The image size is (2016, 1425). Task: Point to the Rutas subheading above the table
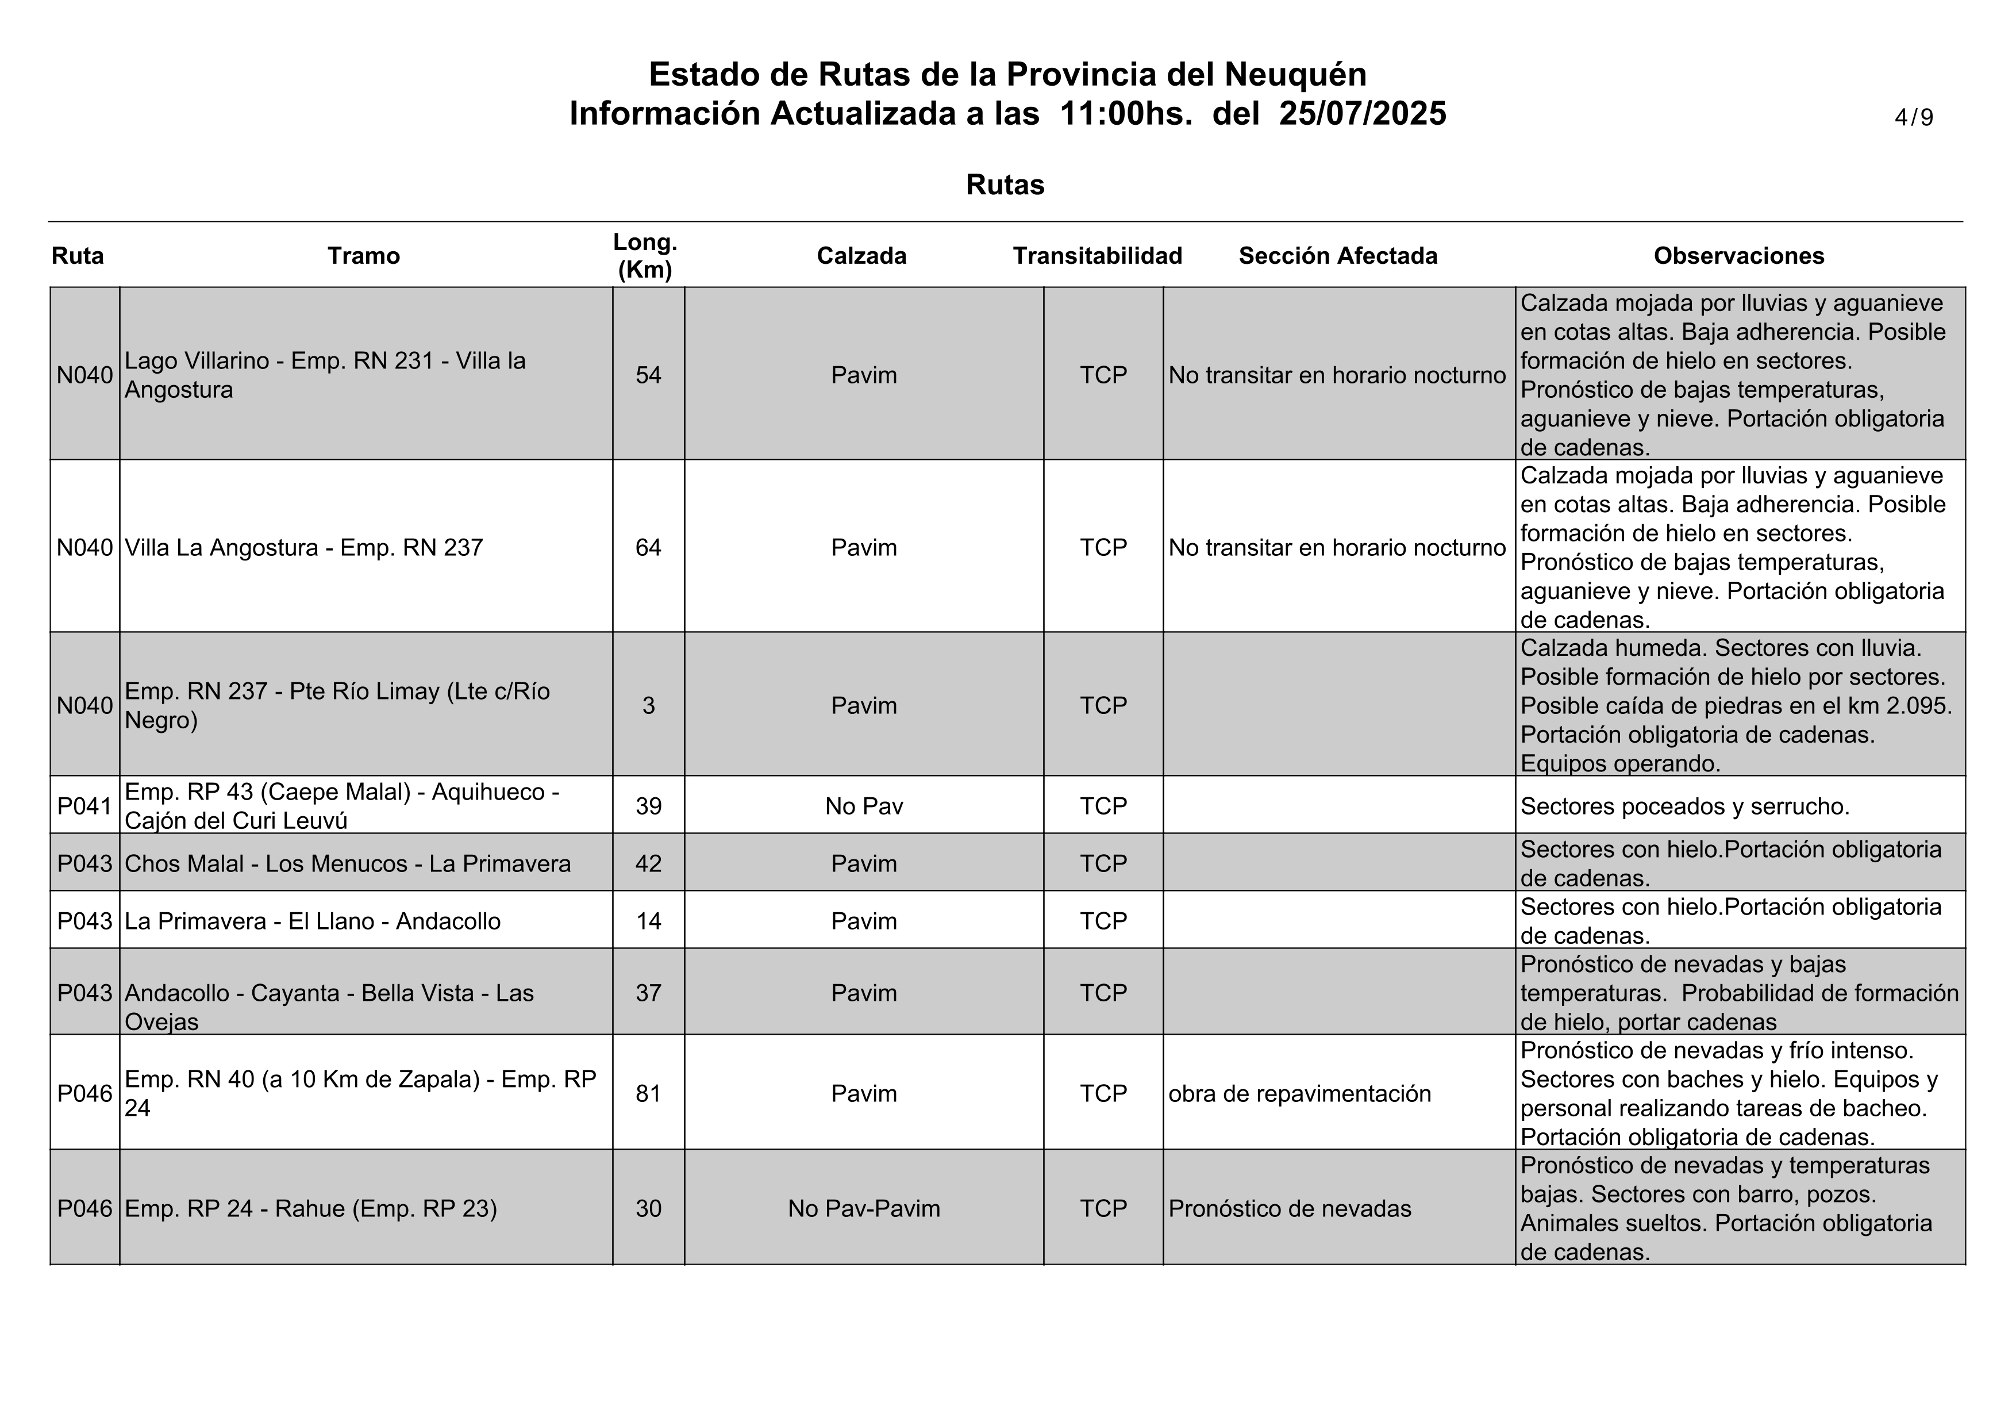(x=1005, y=185)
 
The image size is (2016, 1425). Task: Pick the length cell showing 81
(x=648, y=1094)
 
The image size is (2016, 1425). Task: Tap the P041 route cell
(x=84, y=806)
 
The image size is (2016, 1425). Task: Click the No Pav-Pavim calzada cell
(x=863, y=1209)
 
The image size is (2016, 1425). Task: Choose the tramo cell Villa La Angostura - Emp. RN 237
(x=304, y=548)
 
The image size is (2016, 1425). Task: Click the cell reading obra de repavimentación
(x=1299, y=1094)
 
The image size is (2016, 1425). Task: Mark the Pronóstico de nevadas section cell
(x=1289, y=1209)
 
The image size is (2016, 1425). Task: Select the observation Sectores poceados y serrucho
(x=1684, y=806)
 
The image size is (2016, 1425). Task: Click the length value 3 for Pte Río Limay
(x=648, y=706)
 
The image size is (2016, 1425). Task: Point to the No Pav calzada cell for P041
(x=863, y=806)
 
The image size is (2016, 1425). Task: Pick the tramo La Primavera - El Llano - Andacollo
(x=313, y=921)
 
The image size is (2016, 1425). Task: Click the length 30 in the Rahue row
(x=648, y=1209)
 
